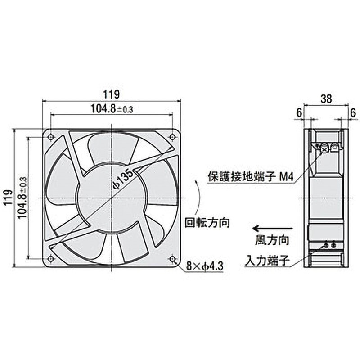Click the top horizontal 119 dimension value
coord(112,94)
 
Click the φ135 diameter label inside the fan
coord(121,180)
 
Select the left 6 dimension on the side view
coord(298,113)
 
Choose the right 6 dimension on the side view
coord(353,113)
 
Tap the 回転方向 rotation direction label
coord(208,222)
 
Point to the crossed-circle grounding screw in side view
coord(323,147)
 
